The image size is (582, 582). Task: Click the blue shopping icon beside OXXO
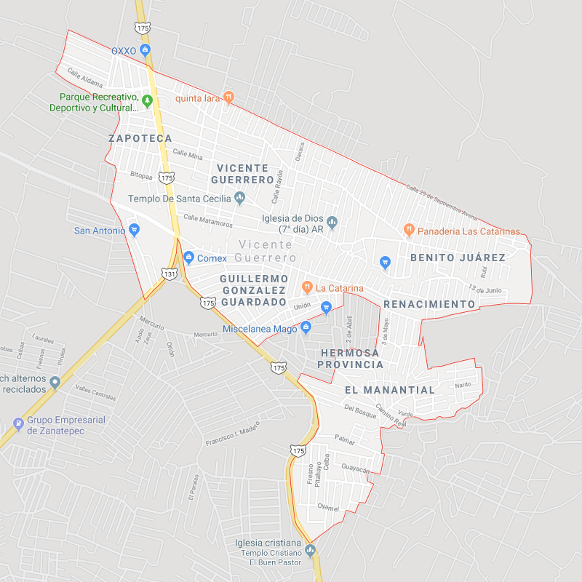[x=145, y=50]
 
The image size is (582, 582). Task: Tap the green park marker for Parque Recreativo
[x=146, y=100]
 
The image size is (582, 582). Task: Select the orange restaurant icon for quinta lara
[x=228, y=96]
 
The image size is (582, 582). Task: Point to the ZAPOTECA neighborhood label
[x=140, y=138]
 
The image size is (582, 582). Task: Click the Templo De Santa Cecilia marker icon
[x=240, y=198]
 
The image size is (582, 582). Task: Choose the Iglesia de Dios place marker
[x=332, y=221]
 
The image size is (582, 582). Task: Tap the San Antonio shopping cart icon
[x=134, y=230]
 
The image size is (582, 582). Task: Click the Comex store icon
[x=188, y=257]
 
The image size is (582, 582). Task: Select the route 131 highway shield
[x=169, y=274]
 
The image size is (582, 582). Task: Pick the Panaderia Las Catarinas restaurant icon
[x=409, y=231]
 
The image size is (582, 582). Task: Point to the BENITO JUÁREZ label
[x=458, y=258]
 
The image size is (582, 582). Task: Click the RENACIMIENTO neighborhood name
[x=429, y=304]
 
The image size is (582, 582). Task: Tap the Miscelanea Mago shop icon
[x=306, y=328]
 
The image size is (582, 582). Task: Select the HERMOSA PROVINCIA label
[x=351, y=358]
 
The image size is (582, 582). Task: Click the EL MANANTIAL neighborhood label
[x=389, y=390]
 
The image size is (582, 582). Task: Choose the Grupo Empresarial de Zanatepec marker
[x=18, y=423]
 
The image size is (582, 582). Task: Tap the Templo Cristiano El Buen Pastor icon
[x=311, y=549]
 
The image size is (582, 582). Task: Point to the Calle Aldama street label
[x=85, y=78]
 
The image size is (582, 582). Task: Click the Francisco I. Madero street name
[x=232, y=434]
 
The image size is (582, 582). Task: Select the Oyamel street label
[x=329, y=507]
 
